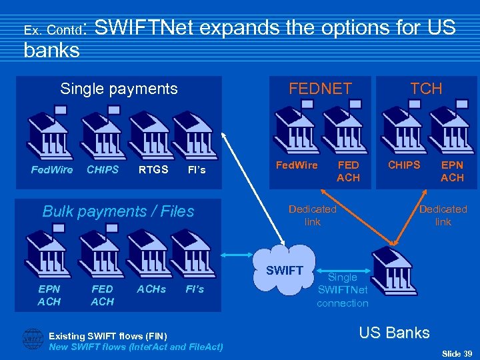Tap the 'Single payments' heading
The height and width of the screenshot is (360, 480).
point(119,89)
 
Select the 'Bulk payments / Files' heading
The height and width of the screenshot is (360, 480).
point(118,211)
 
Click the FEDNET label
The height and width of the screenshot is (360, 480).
point(320,89)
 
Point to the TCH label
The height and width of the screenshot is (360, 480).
point(426,89)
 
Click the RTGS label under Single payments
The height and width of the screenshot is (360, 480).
point(153,169)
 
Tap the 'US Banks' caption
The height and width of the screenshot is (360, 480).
point(394,333)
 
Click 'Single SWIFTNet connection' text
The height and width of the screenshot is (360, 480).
point(343,290)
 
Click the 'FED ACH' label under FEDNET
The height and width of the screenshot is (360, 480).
point(348,171)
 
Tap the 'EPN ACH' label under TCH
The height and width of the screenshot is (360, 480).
point(452,171)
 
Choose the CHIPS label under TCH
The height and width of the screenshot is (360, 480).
point(404,165)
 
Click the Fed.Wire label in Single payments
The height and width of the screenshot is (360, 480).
point(52,169)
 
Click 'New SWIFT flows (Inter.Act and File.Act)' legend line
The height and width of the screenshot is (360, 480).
point(136,347)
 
